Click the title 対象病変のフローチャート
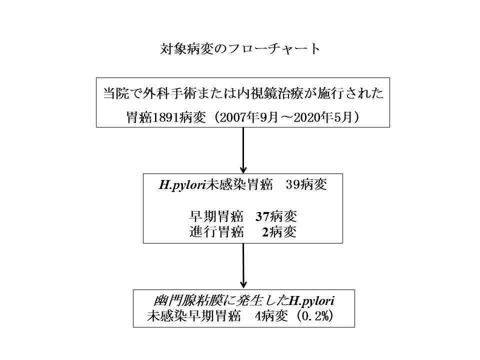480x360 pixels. [240, 49]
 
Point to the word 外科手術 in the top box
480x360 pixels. [169, 93]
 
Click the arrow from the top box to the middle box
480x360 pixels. [243, 150]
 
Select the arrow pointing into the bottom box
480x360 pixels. [243, 265]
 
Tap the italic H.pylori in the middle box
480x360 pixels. [182, 185]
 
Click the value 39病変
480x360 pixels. [306, 184]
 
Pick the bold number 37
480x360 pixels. [262, 216]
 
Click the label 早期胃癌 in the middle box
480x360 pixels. [216, 216]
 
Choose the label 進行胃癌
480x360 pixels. [216, 231]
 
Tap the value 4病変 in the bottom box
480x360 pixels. [271, 316]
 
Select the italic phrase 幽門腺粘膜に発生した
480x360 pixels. [221, 301]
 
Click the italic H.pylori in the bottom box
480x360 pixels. [311, 301]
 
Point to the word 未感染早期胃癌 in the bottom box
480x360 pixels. [194, 316]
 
